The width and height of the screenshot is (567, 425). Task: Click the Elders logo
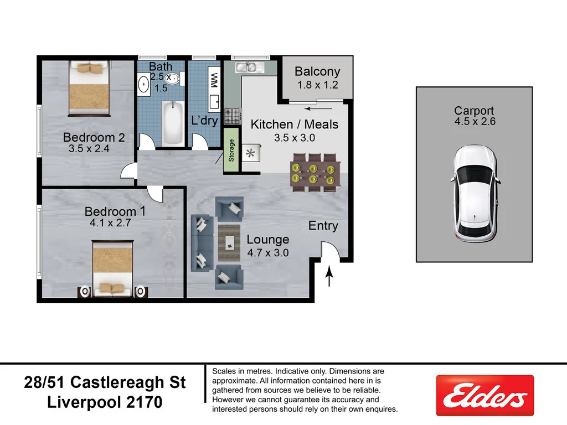[485, 395]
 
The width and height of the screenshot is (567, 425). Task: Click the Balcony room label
[317, 71]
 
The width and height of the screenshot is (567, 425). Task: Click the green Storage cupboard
[231, 150]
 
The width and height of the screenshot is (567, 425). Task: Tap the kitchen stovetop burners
[233, 116]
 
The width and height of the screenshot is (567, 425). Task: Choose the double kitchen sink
[249, 68]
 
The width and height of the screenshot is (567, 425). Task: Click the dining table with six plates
[314, 173]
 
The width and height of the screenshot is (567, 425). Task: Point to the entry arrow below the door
[330, 277]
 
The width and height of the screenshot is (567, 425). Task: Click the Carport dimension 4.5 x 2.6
[475, 122]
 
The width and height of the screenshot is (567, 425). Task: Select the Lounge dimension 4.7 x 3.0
[268, 253]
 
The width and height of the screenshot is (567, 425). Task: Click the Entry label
[323, 226]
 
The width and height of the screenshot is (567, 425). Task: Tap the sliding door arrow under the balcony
[314, 109]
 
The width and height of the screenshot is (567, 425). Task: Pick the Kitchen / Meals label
[294, 125]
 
